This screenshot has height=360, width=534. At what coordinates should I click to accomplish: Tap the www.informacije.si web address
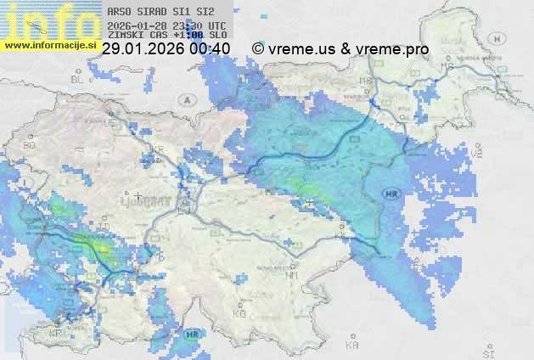[x=50, y=44]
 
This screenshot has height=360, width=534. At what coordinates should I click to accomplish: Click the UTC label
[x=216, y=25]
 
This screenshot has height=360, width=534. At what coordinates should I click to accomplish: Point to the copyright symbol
[x=258, y=49]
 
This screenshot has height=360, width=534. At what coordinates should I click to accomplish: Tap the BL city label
[x=79, y=79]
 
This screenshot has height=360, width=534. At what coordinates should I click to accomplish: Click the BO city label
[x=30, y=145]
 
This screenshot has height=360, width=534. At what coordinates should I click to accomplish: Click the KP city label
[x=57, y=334]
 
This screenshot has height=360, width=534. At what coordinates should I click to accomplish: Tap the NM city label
[x=293, y=275]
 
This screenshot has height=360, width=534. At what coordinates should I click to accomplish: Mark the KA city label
[x=352, y=345]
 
